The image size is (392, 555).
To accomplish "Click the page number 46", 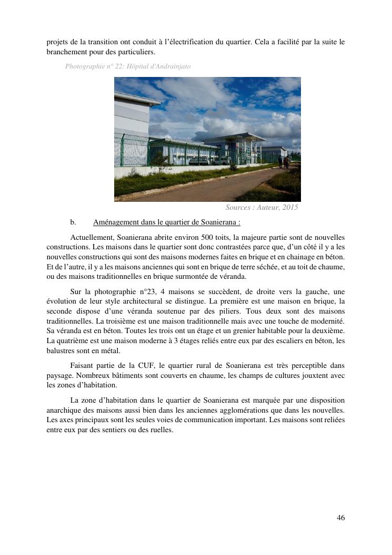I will click(x=340, y=518).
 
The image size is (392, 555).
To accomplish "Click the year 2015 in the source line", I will click(x=290, y=208).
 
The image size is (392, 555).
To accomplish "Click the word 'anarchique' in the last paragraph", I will click(x=64, y=410).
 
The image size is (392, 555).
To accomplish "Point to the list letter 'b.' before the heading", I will click(x=73, y=222).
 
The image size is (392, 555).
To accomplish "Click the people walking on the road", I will click(x=284, y=162).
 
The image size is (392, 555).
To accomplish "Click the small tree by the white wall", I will click(x=159, y=163).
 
